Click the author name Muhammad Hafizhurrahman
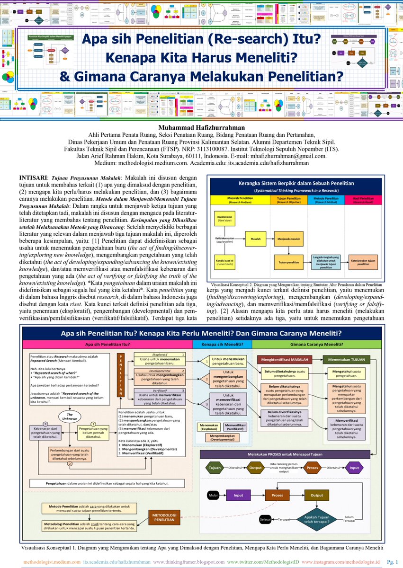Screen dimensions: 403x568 pos(201,127)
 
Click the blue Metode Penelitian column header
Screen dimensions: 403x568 pos(326,199)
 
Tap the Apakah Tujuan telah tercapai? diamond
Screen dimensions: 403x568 pos(317,519)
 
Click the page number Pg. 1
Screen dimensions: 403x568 pos(393,562)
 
